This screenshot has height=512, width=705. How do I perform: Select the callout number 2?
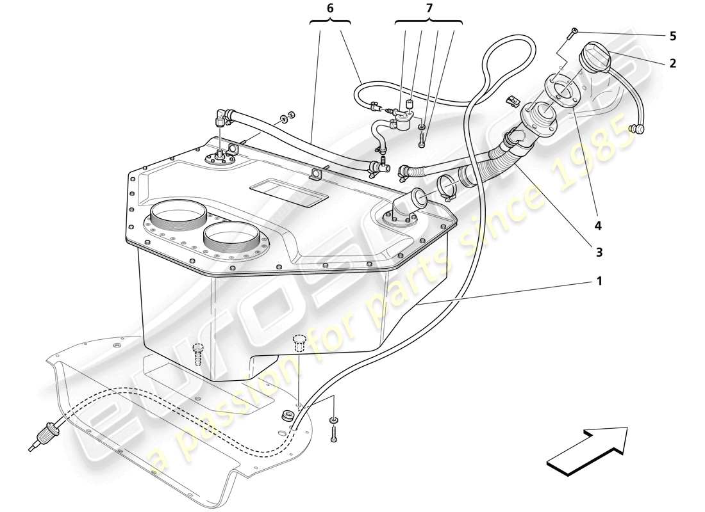(672, 63)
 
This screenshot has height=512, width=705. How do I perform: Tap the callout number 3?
(599, 252)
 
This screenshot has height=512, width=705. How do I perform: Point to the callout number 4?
(598, 225)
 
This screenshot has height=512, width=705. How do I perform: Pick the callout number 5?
(672, 36)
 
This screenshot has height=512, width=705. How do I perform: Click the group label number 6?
(330, 8)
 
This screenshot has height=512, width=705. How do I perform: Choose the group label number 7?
(429, 8)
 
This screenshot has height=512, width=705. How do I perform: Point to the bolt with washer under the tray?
(334, 428)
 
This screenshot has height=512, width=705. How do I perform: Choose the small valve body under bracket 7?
(402, 121)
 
